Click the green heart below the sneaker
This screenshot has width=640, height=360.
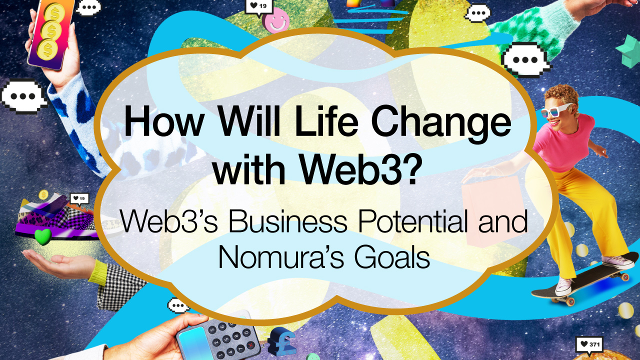point(43,237)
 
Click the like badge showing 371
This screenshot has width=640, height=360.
point(589,344)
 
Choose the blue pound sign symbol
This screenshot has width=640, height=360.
point(283,343)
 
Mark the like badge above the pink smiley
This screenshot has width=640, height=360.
point(259,6)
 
